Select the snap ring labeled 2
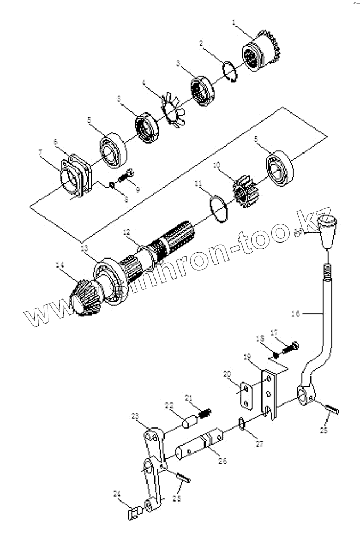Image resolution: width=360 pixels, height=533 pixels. pyautogui.click(x=230, y=72)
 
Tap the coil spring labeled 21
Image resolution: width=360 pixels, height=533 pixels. pyautogui.click(x=206, y=412)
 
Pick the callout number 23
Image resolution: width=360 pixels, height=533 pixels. pyautogui.click(x=135, y=415)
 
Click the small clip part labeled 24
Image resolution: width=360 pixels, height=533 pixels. pyautogui.click(x=135, y=512)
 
